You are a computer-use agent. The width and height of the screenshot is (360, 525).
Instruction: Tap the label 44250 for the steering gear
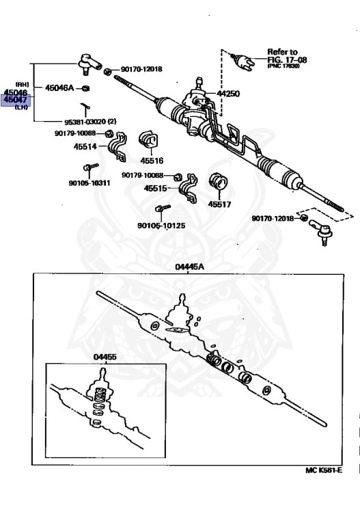[x=228, y=94]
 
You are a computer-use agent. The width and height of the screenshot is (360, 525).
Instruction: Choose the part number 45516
[x=152, y=161]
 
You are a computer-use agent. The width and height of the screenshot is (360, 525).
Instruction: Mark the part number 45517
[x=219, y=203]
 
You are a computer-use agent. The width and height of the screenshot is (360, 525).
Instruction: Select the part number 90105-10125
[x=161, y=225]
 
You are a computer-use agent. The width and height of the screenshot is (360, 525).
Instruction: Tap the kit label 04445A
[x=189, y=267]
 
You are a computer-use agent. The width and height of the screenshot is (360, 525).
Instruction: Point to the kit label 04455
[x=105, y=357]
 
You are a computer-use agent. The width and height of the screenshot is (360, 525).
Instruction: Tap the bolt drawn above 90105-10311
[x=87, y=167]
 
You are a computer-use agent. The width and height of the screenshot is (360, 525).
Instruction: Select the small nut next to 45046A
[x=85, y=88]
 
